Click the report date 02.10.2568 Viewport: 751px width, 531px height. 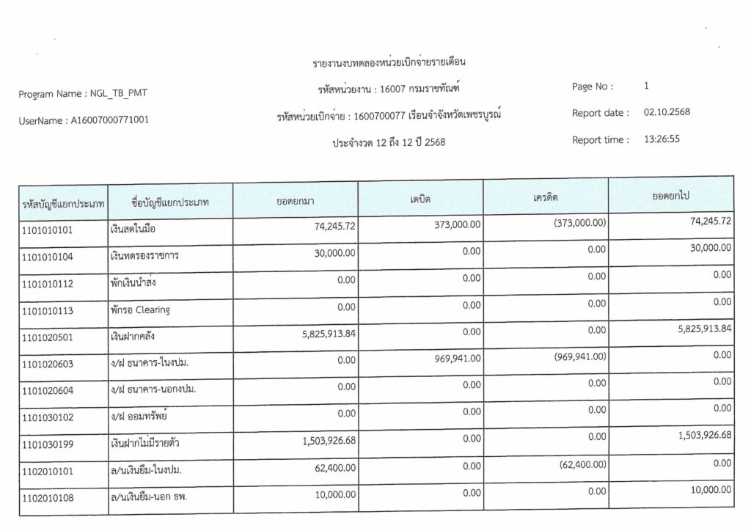pyautogui.click(x=667, y=113)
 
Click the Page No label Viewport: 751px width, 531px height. pyautogui.click(x=592, y=87)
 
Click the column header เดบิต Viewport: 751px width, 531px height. pyautogui.click(x=420, y=199)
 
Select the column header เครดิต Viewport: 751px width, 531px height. pyautogui.click(x=546, y=198)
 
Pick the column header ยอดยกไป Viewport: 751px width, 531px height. pyautogui.click(x=670, y=197)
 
